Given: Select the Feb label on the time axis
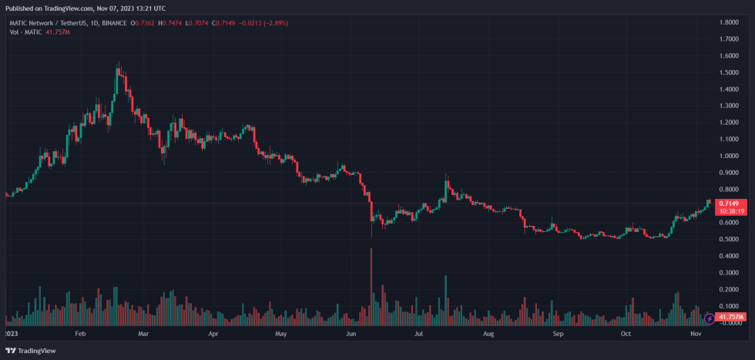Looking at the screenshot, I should coord(79,335).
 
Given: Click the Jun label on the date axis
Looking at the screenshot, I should coord(351,335).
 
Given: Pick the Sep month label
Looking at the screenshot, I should coord(558,335).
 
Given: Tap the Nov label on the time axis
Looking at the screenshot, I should coord(696,335).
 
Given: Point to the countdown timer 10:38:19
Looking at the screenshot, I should coord(730,210).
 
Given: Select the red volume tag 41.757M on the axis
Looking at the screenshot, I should coord(730,317).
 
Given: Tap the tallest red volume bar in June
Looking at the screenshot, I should coord(371,285).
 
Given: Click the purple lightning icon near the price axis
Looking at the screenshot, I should coord(709,318).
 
